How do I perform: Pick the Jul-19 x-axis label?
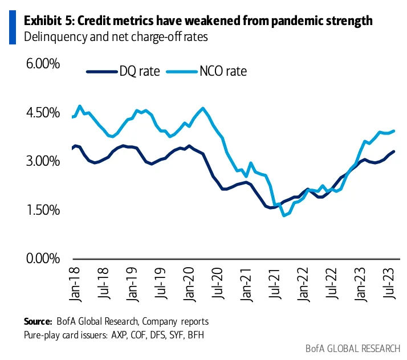click(x=161, y=284)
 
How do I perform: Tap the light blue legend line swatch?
click(x=180, y=72)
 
